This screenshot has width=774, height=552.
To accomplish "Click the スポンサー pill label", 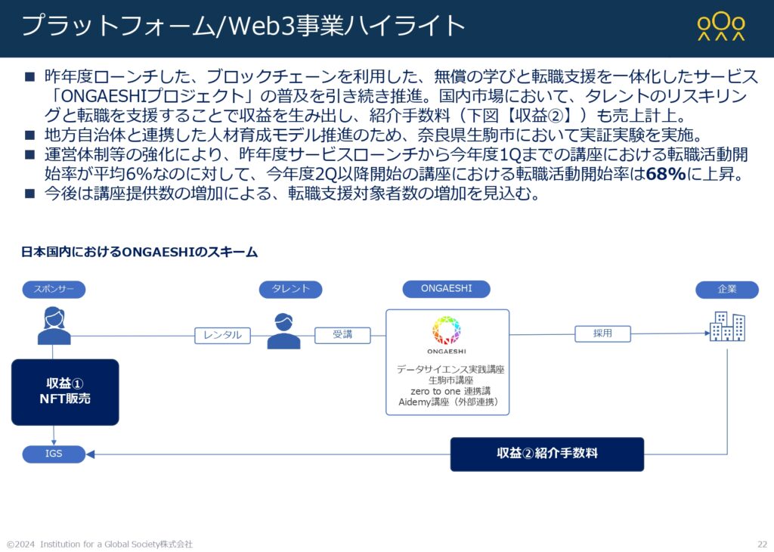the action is point(54,290).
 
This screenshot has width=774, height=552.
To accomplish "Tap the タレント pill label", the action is point(291,290).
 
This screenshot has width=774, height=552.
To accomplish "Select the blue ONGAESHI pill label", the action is point(446,289).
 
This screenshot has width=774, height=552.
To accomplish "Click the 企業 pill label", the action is point(727,290).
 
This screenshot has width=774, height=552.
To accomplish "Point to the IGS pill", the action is point(54,454).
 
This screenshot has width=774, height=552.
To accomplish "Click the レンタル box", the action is point(223,335).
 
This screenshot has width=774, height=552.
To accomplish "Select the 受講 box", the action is point(342,335).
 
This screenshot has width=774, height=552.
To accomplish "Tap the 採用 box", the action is point(602,333).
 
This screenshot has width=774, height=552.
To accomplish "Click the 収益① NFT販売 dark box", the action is point(65,392).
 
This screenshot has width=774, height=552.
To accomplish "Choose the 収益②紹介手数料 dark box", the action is point(547,454).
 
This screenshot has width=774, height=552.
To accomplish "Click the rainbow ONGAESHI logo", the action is point(446,330).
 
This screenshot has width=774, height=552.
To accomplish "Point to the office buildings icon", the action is point(727,326).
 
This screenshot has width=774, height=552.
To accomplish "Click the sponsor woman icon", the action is point(54,326).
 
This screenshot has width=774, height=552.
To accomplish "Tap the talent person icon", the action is point(284,330).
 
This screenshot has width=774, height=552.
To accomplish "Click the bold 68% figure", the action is point(666,174).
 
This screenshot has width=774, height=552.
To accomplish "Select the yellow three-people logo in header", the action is point(721,26).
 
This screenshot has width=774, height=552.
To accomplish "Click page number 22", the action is point(763,544).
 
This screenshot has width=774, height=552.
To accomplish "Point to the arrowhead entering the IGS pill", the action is point(90,454).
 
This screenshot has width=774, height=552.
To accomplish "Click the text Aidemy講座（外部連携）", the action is point(448,402).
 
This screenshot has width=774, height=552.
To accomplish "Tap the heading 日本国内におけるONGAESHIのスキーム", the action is point(140,253).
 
